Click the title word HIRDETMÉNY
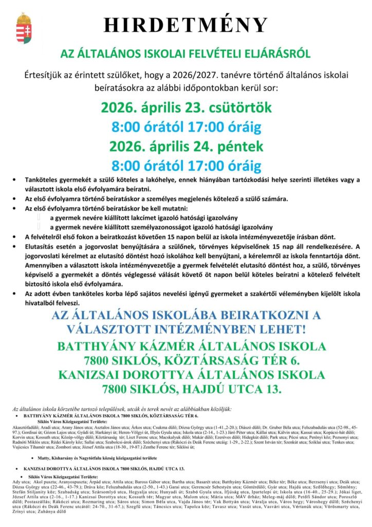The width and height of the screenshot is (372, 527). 185,25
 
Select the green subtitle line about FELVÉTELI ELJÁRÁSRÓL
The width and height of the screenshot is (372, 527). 185,53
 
